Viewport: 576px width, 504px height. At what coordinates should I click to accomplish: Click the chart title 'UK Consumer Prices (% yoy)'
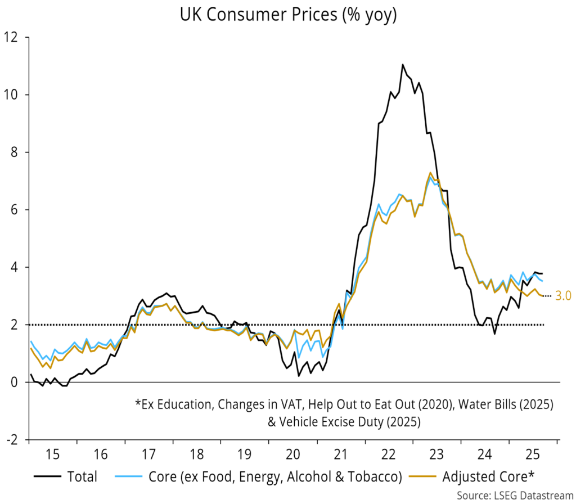coord(288,15)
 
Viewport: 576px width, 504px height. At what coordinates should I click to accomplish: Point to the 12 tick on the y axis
coord(12,37)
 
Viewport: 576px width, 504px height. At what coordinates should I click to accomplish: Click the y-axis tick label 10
coord(12,94)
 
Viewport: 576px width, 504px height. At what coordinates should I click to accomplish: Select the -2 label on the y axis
coord(12,439)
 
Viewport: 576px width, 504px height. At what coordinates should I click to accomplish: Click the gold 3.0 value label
coord(563,296)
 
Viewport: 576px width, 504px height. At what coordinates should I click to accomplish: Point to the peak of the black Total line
coord(403,65)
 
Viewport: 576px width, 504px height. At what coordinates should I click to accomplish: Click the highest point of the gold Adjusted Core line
coord(430,173)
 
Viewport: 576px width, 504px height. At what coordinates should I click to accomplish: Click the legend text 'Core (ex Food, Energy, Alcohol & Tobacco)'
coord(276,477)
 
